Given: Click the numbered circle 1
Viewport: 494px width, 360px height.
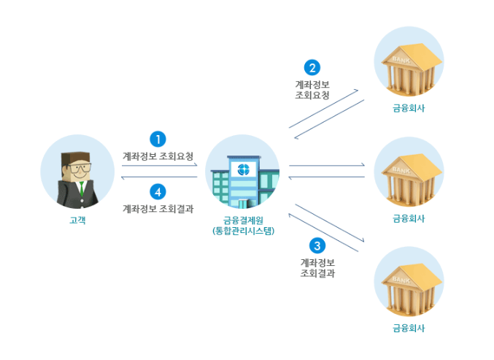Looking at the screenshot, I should [x=158, y=138].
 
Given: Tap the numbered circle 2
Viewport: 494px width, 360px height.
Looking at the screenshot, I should [x=312, y=68].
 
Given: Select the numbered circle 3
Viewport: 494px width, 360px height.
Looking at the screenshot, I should [x=317, y=245].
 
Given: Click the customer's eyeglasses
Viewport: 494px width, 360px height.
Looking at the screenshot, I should [x=75, y=166].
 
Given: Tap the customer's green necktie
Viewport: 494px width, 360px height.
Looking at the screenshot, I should [x=81, y=191].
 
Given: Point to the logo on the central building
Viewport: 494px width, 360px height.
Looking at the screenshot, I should [x=243, y=170].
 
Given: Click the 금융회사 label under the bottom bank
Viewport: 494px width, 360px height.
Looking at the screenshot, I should [x=408, y=328].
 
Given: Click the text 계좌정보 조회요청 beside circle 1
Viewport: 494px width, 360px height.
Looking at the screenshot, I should [x=158, y=156].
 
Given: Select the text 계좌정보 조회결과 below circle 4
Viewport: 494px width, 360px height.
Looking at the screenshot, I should [x=158, y=208].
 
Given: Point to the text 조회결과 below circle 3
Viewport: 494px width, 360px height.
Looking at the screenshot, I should [x=317, y=274].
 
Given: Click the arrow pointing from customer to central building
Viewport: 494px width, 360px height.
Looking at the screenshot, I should [x=158, y=166].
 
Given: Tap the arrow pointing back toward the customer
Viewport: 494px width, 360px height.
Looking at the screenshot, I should [x=158, y=177].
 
